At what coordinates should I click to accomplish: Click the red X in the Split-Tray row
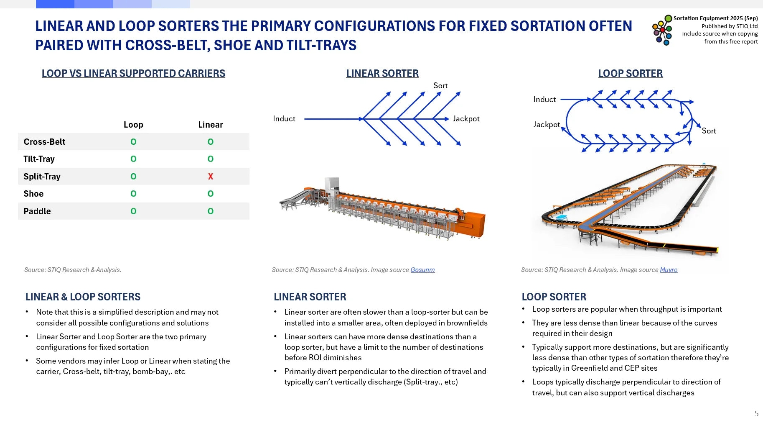tap(211, 177)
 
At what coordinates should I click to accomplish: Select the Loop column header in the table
tap(133, 125)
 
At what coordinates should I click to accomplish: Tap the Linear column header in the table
tap(211, 125)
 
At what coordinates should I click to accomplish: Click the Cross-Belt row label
tap(44, 142)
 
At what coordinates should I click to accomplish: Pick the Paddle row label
tap(37, 211)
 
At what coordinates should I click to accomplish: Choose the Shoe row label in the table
tap(33, 194)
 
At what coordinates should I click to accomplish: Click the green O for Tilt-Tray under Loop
tap(133, 159)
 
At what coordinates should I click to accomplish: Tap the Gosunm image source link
tap(422, 270)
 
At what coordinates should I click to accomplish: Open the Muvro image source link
tap(669, 270)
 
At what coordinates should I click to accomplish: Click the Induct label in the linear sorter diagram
tap(284, 119)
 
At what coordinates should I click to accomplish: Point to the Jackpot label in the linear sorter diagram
tap(466, 119)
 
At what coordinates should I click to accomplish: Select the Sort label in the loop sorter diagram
tap(709, 131)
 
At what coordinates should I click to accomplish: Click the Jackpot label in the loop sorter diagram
tap(546, 125)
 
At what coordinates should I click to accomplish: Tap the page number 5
tap(756, 414)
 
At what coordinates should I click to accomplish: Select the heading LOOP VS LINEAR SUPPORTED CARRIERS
tap(133, 74)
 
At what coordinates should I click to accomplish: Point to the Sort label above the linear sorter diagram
tap(440, 86)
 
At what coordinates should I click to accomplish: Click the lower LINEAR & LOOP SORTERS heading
tap(83, 297)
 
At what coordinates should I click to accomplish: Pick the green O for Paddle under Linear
tap(211, 211)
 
